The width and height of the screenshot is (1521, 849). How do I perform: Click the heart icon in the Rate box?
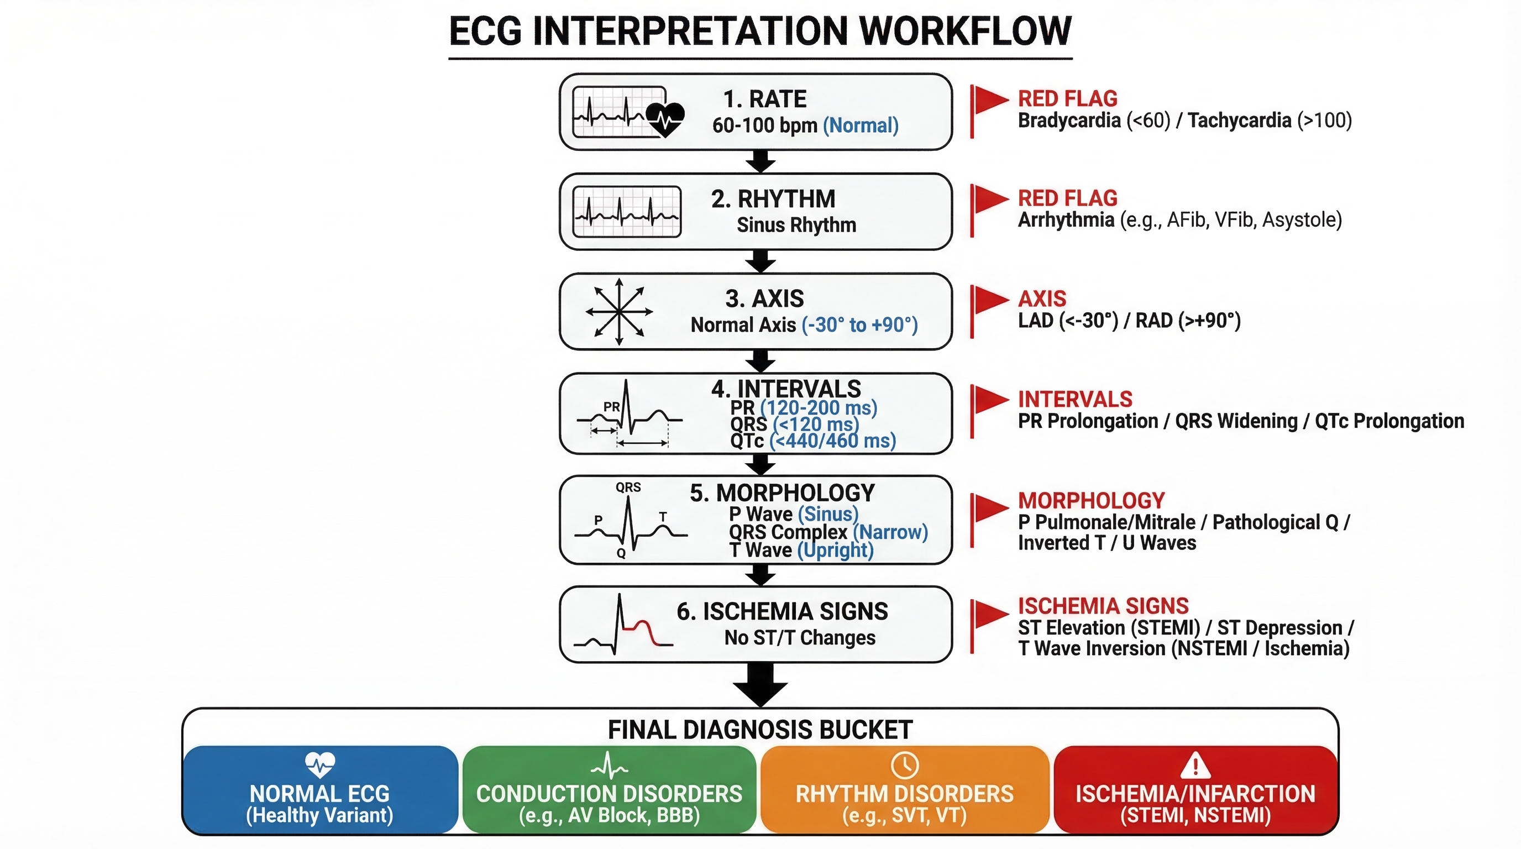pyautogui.click(x=665, y=119)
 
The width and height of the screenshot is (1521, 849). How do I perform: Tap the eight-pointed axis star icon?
pyautogui.click(x=619, y=312)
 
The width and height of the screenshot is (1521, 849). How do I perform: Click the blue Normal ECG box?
pyautogui.click(x=320, y=790)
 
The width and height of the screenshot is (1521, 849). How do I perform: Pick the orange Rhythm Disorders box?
pyautogui.click(x=904, y=790)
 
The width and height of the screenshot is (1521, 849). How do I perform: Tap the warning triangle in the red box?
pyautogui.click(x=1195, y=766)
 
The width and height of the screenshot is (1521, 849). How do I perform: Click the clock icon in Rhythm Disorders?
pyautogui.click(x=904, y=765)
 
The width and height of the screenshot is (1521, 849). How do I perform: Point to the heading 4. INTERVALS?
pyautogui.click(x=786, y=389)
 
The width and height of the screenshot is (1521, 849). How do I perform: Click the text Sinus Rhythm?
pyautogui.click(x=796, y=225)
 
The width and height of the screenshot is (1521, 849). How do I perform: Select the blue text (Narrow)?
pyautogui.click(x=890, y=532)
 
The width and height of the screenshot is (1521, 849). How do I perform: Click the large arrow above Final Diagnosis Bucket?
pyautogui.click(x=760, y=685)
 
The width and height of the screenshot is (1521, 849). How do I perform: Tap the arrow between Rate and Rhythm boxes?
pyautogui.click(x=760, y=161)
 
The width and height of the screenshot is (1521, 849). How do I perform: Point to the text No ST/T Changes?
pyautogui.click(x=800, y=638)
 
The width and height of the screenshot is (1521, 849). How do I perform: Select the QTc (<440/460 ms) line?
pyautogui.click(x=812, y=441)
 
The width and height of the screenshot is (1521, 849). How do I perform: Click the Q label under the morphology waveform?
pyautogui.click(x=621, y=553)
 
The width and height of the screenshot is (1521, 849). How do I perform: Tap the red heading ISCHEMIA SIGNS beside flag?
pyautogui.click(x=1103, y=606)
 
